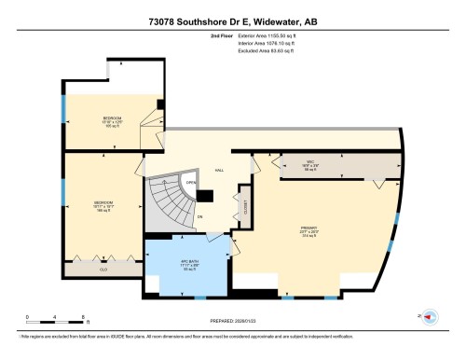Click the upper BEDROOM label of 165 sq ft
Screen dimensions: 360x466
113,120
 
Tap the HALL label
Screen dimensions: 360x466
219,171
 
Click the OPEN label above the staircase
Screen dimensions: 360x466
190,183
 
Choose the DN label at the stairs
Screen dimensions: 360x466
199,216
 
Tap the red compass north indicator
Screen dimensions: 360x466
430,318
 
